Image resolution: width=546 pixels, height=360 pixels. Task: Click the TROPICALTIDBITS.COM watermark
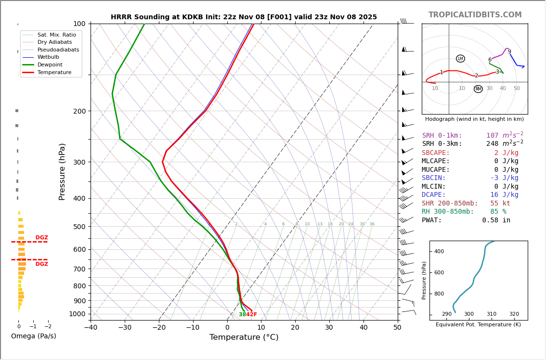point(475,15)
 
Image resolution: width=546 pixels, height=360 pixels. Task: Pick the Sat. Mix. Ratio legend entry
point(56,35)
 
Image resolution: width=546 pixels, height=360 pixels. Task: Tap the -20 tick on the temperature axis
point(159,328)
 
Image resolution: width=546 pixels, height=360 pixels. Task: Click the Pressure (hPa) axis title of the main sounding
point(62,171)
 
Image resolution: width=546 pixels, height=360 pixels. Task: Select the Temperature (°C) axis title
point(244,337)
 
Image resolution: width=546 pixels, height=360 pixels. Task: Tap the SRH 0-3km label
point(442,144)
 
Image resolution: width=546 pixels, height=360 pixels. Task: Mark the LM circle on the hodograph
point(460,59)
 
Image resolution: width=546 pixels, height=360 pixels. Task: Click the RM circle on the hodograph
point(478,89)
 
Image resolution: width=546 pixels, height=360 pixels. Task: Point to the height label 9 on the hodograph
point(509,52)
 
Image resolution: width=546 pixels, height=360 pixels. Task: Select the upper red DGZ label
point(41,238)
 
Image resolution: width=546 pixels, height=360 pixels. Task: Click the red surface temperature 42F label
point(251,315)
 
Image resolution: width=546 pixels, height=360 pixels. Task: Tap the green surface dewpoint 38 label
point(242,315)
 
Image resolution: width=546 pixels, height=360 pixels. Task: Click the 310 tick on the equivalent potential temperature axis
point(491,314)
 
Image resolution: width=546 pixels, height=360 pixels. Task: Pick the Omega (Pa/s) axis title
point(33,336)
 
